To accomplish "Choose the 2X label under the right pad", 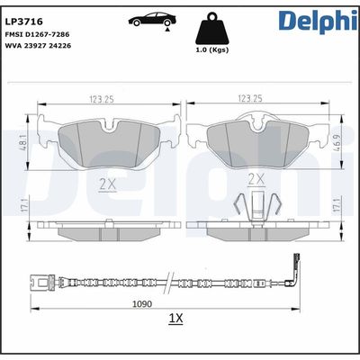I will pos(255,180).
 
